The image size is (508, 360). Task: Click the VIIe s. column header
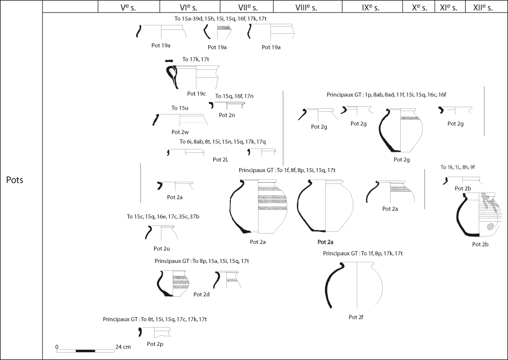[x=246, y=7]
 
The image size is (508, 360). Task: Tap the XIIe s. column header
[x=483, y=7]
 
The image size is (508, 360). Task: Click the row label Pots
[x=15, y=179]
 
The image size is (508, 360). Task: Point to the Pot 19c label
[x=196, y=94]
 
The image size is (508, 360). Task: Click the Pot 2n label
[x=227, y=115]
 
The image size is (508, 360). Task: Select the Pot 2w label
[x=180, y=132]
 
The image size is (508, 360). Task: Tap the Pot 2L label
[x=221, y=159]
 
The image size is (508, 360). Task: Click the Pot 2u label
[x=161, y=248]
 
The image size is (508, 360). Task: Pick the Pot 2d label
[x=202, y=295]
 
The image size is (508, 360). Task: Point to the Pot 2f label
[x=356, y=317]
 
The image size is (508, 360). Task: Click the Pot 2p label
[x=155, y=344]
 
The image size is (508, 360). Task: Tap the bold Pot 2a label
[x=325, y=242]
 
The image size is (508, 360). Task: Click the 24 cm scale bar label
[x=123, y=346]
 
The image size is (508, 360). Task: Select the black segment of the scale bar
[x=85, y=350]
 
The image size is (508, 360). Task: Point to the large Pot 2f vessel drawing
[x=354, y=285]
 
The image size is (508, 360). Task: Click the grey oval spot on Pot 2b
[x=490, y=226]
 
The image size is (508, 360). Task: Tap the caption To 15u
[x=180, y=108]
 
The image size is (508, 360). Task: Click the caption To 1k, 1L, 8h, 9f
[x=457, y=167]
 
